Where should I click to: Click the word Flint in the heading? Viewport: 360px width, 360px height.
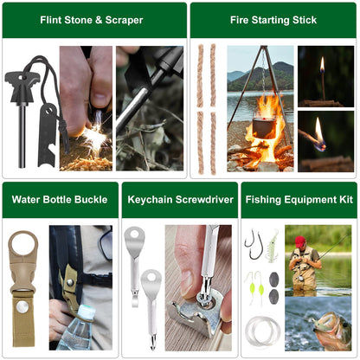(55, 19)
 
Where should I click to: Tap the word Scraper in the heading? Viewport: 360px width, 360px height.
(126, 19)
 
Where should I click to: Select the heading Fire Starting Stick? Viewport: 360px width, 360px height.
(273, 19)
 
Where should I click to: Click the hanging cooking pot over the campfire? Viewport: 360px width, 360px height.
(263, 127)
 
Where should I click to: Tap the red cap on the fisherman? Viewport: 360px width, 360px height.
(300, 241)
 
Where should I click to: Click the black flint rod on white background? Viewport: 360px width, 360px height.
(22, 130)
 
